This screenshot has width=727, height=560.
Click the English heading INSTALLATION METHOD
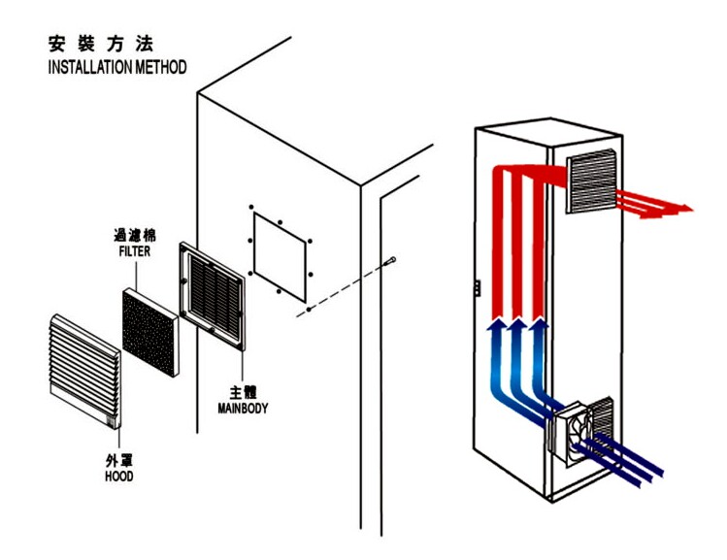[117, 67]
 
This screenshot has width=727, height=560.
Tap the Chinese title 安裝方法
[101, 44]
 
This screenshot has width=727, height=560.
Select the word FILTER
[135, 251]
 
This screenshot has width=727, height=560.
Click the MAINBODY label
[243, 409]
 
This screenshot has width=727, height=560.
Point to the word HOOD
[119, 477]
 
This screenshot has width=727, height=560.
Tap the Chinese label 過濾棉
[135, 236]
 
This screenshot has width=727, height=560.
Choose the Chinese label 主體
[243, 392]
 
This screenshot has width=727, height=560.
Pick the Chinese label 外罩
[119, 460]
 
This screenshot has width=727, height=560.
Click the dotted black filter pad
[150, 332]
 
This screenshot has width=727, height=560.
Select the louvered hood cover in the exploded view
[84, 371]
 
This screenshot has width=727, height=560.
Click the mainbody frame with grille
[213, 296]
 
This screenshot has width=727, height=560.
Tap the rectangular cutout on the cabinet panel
[280, 256]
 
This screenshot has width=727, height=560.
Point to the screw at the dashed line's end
[390, 261]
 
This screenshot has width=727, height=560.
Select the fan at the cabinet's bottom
[571, 433]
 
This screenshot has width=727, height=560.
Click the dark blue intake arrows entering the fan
[618, 460]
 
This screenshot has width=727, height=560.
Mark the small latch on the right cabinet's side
[477, 288]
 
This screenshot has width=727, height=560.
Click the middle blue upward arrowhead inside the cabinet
[517, 324]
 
